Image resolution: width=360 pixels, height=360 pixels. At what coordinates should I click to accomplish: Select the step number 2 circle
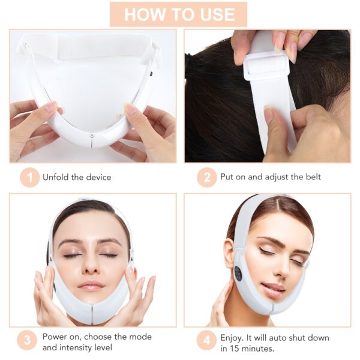206,177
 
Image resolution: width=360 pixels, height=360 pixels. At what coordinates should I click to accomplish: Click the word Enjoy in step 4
233,336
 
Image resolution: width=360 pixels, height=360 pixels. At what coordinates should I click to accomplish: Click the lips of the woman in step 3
91,284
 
